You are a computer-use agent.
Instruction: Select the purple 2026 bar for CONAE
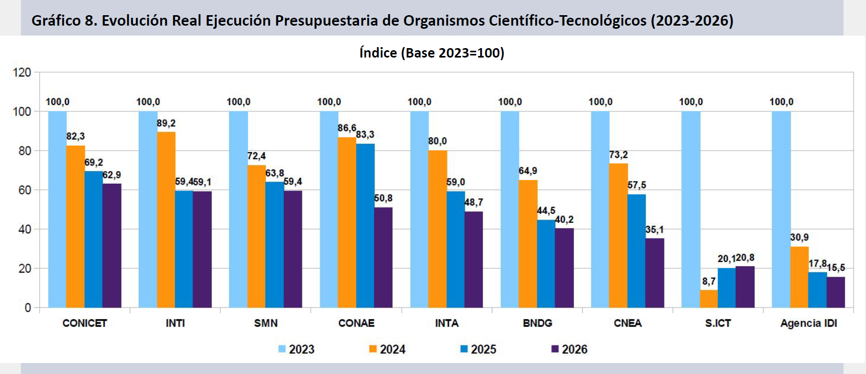[x=383, y=257]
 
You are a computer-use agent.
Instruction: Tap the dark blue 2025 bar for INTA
[x=456, y=249]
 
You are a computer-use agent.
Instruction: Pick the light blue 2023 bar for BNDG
[x=510, y=209]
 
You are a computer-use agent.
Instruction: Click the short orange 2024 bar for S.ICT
[x=708, y=299]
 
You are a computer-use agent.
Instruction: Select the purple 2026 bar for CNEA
[x=655, y=273]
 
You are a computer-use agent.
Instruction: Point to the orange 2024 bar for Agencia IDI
[x=799, y=277]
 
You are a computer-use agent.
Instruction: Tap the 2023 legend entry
[x=296, y=349]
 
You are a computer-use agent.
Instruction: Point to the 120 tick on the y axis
[x=22, y=72]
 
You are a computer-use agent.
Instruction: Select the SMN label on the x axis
[x=266, y=323]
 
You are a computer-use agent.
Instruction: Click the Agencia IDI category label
[x=808, y=323]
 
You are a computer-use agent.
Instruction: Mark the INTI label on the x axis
[x=175, y=323]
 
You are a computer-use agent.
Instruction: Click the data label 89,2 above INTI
[x=166, y=123]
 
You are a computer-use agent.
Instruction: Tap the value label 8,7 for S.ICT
[x=708, y=281]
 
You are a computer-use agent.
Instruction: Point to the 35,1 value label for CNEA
[x=655, y=230]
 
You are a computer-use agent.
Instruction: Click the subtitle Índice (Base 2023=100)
[x=432, y=53]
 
